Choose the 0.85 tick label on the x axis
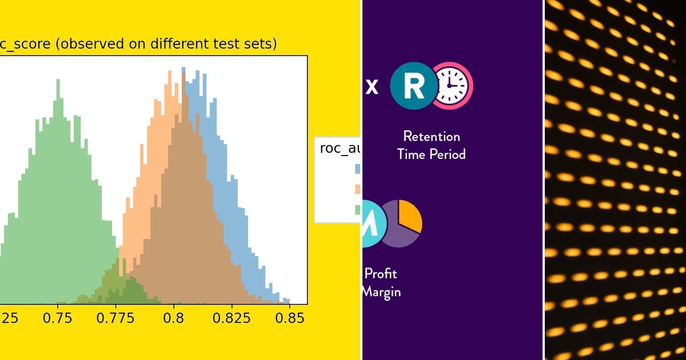tap(289, 318)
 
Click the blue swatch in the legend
tap(357, 169)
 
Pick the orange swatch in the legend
tap(357, 189)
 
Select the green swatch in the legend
tap(357, 210)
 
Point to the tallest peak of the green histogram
tap(58, 81)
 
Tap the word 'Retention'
tap(431, 136)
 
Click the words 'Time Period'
tap(431, 154)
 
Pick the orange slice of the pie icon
tap(410, 215)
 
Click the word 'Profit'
tap(381, 274)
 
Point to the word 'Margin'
tap(381, 291)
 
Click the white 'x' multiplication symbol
tap(372, 87)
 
